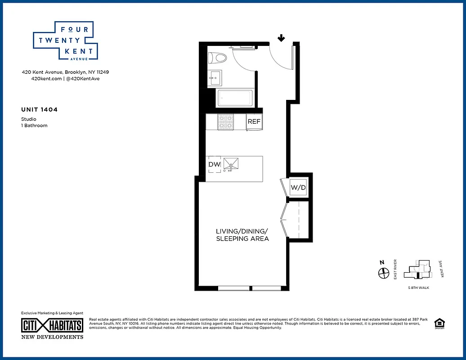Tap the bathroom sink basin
[215, 77]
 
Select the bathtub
[234, 98]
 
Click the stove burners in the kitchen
[226, 122]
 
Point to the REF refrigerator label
[254, 121]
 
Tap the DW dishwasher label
[214, 165]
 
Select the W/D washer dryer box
[298, 187]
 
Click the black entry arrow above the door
[281, 38]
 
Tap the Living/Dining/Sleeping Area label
[242, 234]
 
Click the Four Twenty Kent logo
[63, 41]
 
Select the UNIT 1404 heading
[40, 109]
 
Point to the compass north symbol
[383, 272]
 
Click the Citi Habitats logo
[53, 325]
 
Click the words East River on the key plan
[395, 269]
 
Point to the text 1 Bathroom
[34, 126]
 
